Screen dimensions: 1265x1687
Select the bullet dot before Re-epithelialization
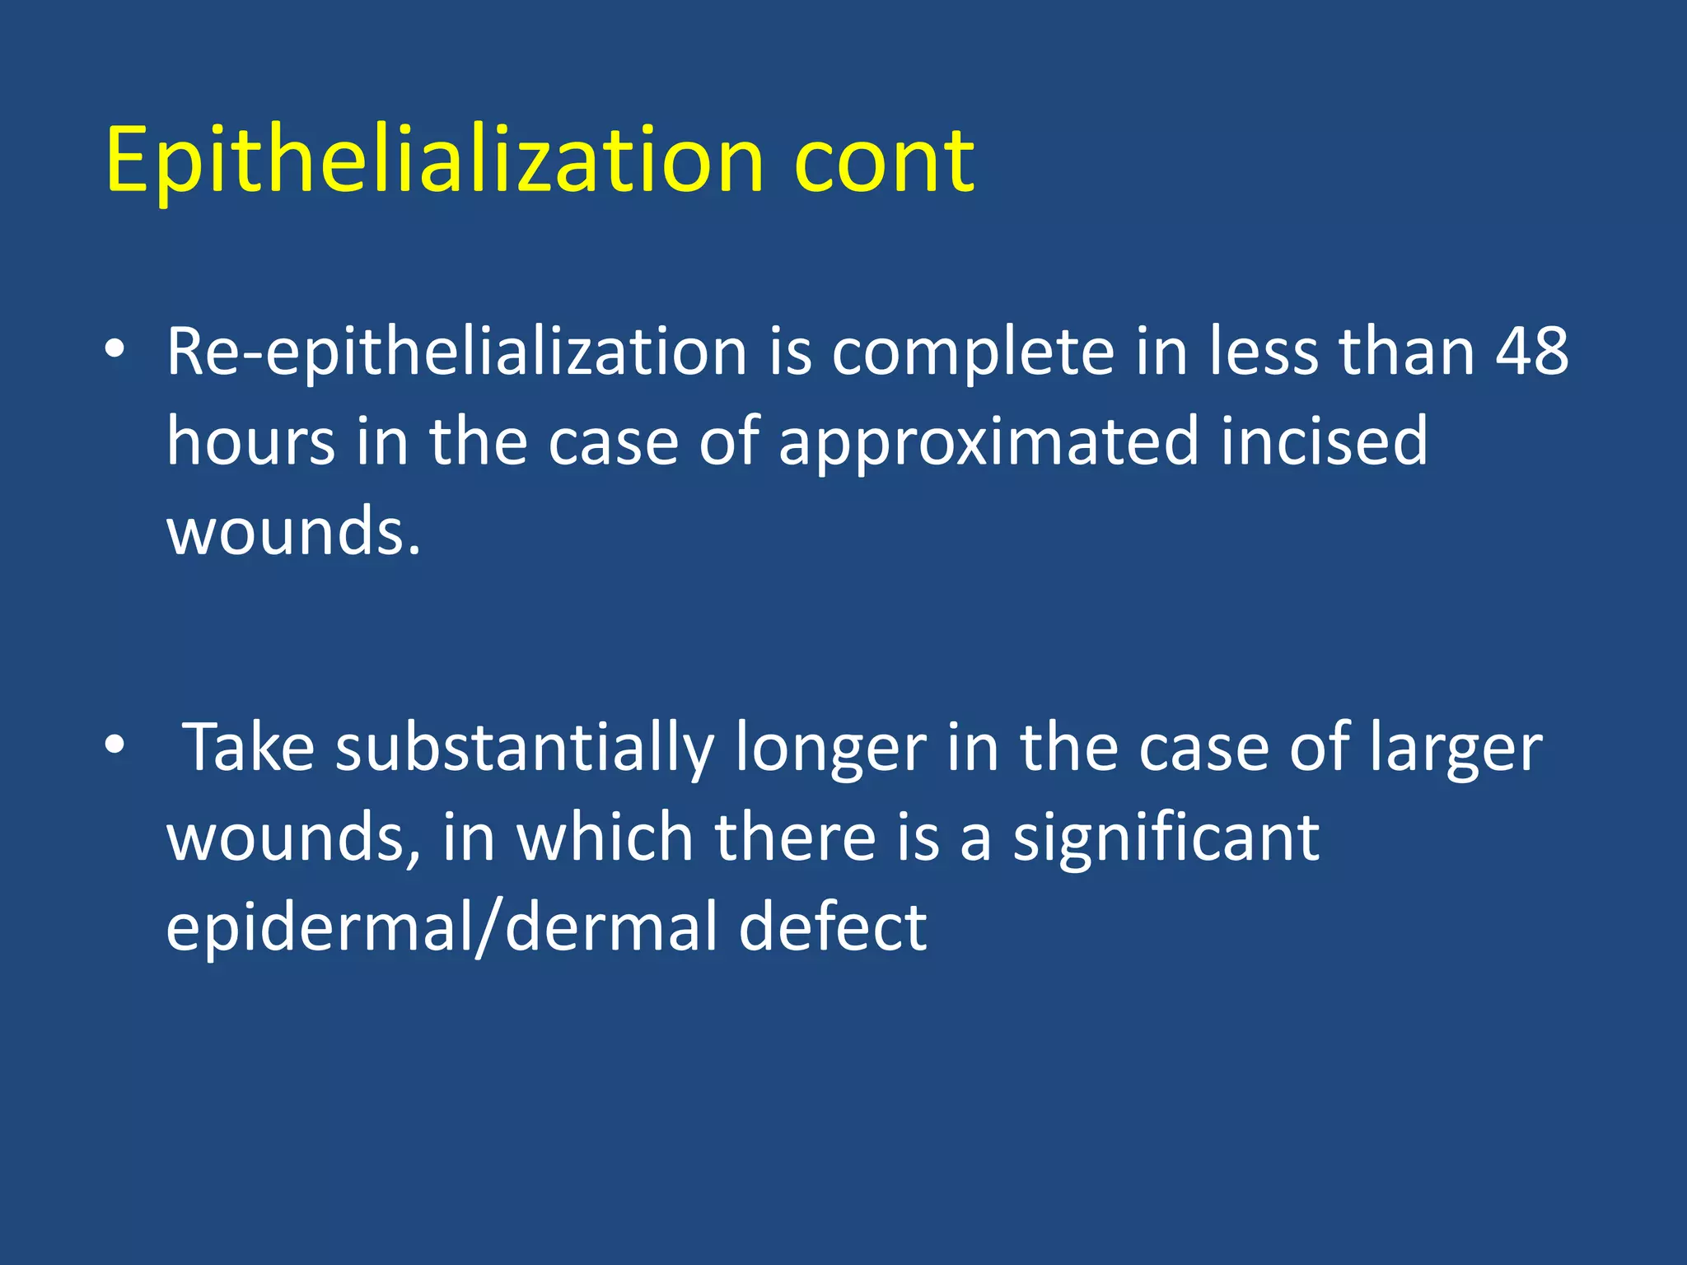click(x=114, y=349)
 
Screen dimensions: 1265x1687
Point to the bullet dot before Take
click(x=114, y=745)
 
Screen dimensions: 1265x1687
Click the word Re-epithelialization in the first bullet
click(x=456, y=352)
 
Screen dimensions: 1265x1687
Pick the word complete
click(x=973, y=352)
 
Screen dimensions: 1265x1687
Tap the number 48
click(x=1532, y=351)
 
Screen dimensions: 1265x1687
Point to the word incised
click(x=1324, y=441)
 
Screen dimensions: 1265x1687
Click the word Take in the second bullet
click(x=248, y=746)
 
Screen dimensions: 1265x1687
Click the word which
click(x=605, y=837)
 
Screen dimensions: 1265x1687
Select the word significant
click(x=1166, y=838)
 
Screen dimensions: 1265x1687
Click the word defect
click(x=833, y=927)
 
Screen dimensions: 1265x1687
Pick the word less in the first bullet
click(x=1264, y=351)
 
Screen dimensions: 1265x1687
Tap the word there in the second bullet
click(x=795, y=837)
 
